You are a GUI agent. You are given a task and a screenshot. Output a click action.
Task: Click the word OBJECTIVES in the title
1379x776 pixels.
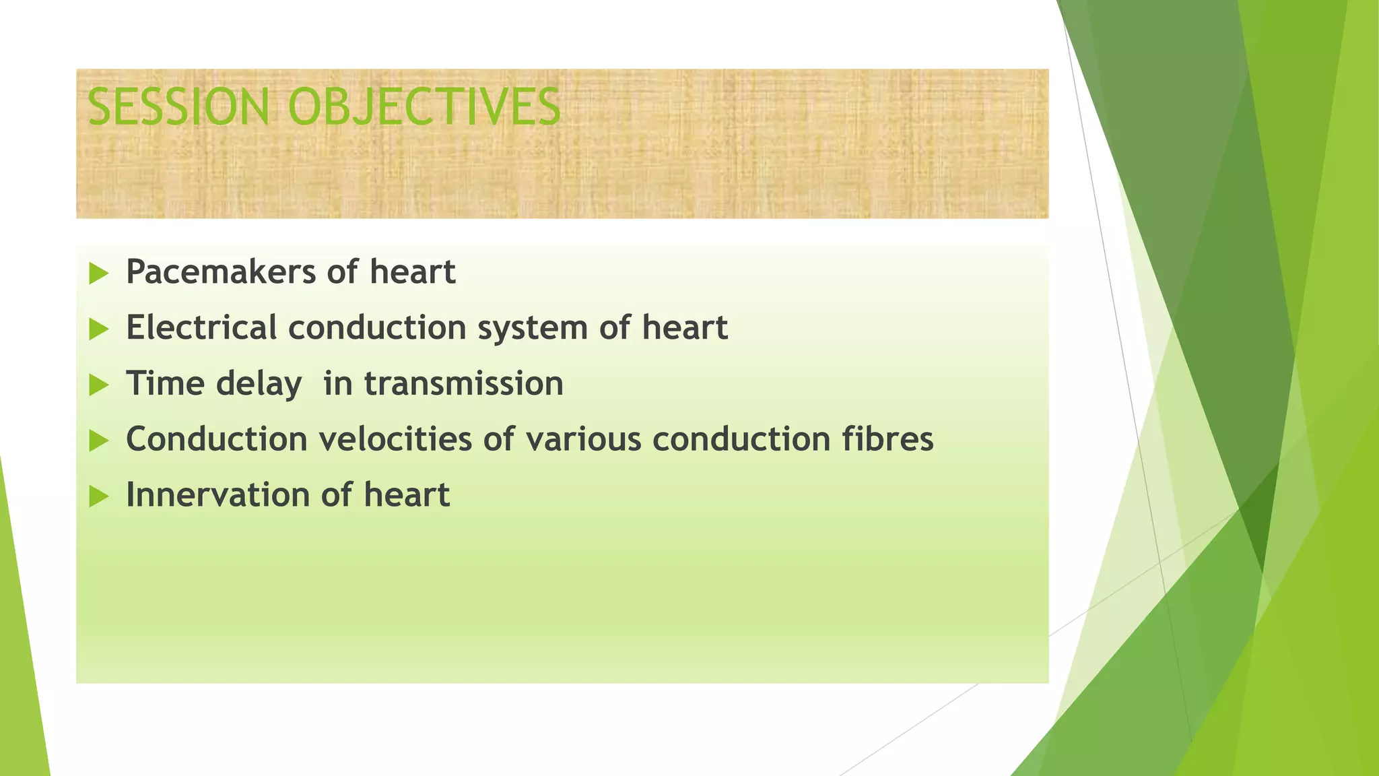[424, 107]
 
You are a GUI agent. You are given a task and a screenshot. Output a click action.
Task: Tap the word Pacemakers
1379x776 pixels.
[221, 272]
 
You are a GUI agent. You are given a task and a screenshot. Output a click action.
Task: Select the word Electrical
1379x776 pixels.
[201, 328]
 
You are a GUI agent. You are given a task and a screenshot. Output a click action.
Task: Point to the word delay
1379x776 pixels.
[259, 385]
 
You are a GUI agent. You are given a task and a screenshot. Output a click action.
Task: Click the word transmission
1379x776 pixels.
[463, 384]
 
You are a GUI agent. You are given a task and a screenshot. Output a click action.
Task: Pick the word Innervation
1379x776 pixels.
[217, 495]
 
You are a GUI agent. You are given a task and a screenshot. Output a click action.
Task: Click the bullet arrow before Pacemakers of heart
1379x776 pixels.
[98, 273]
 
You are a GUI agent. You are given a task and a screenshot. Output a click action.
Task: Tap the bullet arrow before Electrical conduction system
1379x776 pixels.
[98, 329]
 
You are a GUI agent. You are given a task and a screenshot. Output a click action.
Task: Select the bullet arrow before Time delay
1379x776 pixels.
[98, 385]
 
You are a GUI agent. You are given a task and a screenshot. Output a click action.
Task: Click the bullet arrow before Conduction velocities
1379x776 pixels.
[98, 441]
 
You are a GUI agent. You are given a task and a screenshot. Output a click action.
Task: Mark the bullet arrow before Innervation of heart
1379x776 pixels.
[98, 497]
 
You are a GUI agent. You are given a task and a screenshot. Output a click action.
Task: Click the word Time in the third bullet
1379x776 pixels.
[164, 384]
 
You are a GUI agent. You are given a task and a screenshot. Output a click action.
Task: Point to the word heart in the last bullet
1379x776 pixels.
[407, 495]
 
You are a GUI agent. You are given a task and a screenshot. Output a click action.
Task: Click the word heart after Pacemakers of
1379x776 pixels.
[413, 272]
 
